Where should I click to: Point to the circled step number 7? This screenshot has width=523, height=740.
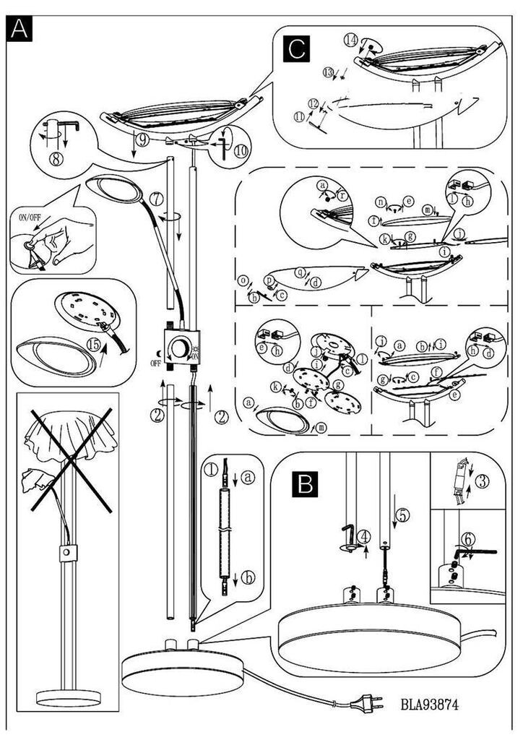[156, 197]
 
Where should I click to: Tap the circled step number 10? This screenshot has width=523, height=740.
[238, 152]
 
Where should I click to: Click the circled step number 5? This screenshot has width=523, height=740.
[402, 516]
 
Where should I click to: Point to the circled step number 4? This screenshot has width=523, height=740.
[365, 537]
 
